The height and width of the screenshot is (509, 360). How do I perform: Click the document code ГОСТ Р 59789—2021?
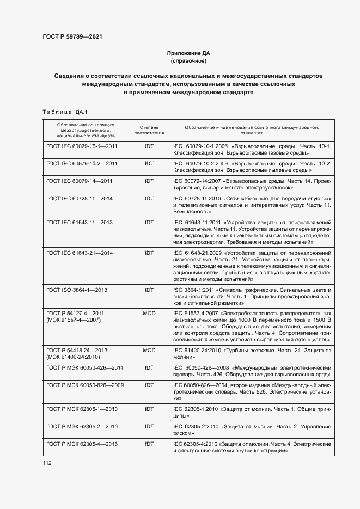(72, 37)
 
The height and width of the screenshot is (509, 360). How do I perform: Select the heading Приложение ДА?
(187, 53)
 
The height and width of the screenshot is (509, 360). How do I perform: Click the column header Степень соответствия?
(149, 129)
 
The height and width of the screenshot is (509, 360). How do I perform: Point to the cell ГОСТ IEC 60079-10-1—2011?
(82, 146)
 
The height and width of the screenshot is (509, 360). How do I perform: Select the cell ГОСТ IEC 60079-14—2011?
(79, 181)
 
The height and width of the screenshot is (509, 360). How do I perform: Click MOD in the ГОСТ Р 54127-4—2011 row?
(149, 314)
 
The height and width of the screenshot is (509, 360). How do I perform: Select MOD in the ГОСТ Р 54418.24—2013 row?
(149, 351)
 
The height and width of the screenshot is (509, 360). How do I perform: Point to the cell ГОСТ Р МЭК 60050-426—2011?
(84, 368)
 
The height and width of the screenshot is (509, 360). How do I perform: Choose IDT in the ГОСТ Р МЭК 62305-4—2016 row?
(149, 444)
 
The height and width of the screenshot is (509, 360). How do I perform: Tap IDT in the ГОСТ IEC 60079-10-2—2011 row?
(149, 163)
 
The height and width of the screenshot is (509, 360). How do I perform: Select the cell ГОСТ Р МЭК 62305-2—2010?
(82, 427)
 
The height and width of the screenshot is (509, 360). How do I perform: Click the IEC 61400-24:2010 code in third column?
(198, 351)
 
